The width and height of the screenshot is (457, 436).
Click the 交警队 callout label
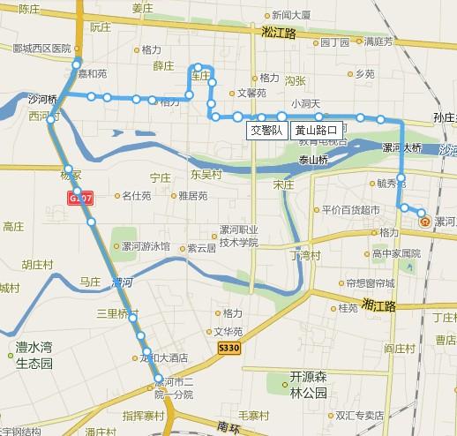coord(266,131)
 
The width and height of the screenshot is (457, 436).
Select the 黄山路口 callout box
coord(316,131)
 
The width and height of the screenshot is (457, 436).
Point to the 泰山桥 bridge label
coord(311,160)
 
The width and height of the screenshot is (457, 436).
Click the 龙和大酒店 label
coord(165,358)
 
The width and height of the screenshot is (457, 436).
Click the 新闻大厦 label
coord(291,15)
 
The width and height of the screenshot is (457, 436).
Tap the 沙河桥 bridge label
coord(41,99)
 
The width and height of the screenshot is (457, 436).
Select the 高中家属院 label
coord(396,252)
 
